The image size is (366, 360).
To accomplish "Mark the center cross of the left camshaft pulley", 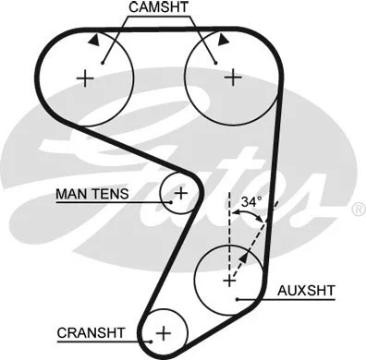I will pos(86,78).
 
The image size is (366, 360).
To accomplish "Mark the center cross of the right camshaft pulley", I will pos(231,78).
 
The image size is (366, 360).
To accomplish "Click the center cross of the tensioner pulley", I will pos(181,193).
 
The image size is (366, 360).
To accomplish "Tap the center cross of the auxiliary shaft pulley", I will pos(228,277).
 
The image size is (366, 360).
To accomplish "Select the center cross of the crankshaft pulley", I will pos(164,331).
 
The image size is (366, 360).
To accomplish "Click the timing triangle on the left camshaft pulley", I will pos(94,40).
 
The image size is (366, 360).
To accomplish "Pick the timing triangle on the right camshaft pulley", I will pos(222,40).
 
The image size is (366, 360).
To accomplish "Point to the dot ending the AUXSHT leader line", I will pos(238,301).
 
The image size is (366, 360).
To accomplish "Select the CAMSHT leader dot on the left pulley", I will pos(104,60).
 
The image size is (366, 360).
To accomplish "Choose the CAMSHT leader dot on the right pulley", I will pos(213,60).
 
